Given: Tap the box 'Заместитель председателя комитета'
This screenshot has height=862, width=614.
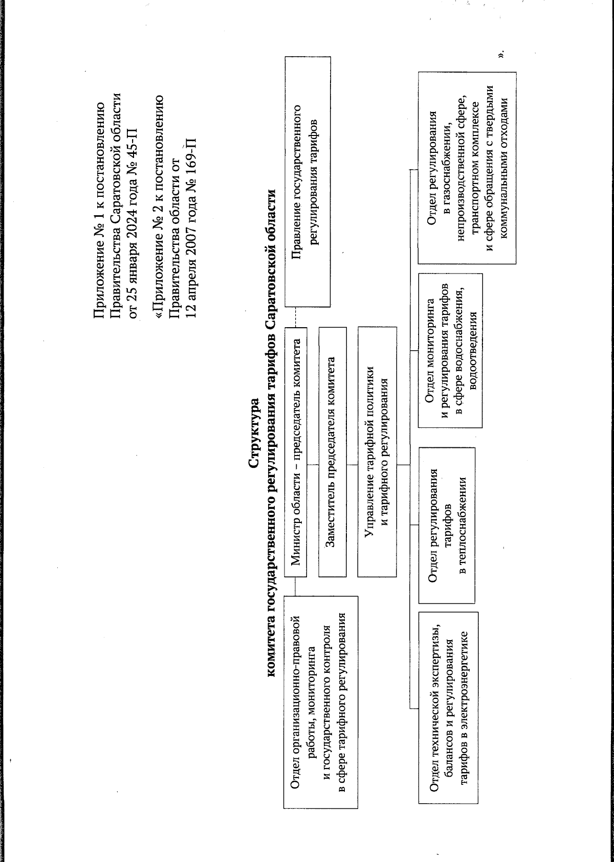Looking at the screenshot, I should [x=332, y=451].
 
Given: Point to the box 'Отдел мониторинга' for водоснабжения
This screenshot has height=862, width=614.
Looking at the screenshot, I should [x=450, y=350].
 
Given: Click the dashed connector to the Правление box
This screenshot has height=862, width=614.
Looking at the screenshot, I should [x=296, y=317].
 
